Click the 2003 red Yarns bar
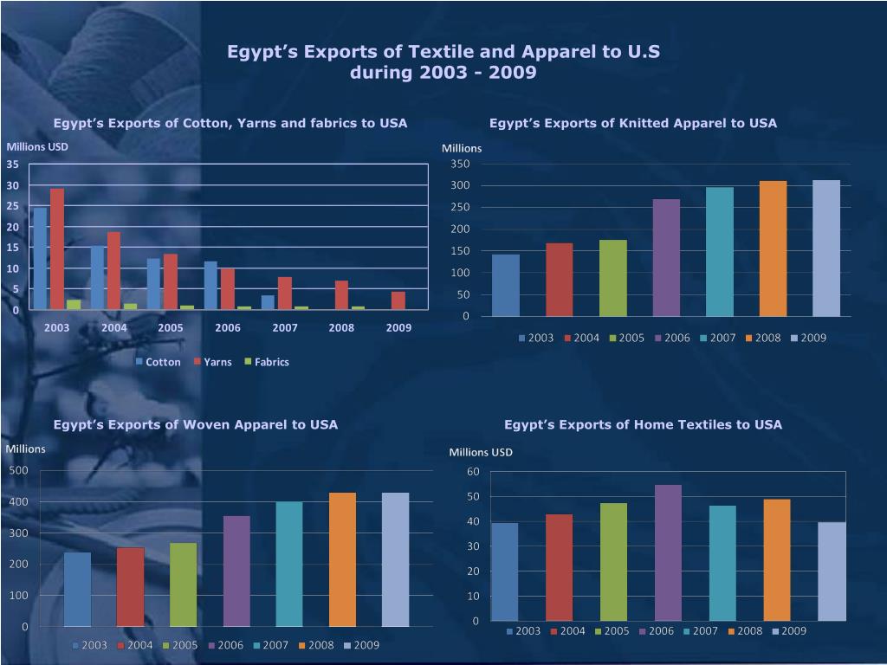coord(57,249)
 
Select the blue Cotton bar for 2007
coord(268,302)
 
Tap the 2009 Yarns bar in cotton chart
coord(398,300)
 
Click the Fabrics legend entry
coord(271,362)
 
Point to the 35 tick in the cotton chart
coord(13,165)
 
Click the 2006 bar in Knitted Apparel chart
coord(666,257)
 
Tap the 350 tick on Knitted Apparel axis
coord(460,165)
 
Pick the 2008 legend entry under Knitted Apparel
coord(767,338)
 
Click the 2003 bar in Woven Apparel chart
coord(77,589)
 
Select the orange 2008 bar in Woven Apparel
coord(342,559)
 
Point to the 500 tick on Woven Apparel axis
coord(18,470)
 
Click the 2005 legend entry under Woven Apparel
coord(185,645)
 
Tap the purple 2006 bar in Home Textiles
coord(669,552)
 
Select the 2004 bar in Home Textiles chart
coord(560,567)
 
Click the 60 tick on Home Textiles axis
coord(472,471)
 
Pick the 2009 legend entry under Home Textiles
coord(793,631)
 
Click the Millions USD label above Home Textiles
coord(481,452)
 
